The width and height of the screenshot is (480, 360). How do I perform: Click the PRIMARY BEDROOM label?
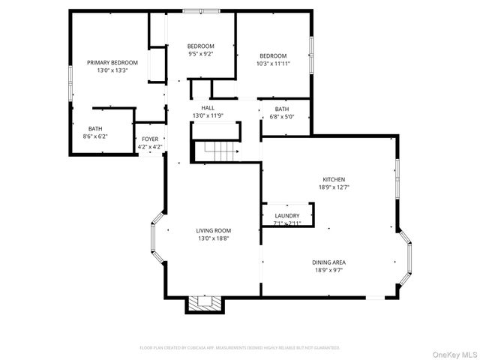coord(112,62)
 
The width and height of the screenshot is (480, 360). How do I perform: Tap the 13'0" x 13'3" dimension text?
coord(112,70)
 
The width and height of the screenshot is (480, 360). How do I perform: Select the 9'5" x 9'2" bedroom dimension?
coord(200,54)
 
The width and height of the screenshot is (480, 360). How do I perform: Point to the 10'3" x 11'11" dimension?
coord(273,64)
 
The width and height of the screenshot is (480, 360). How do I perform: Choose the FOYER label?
coord(150,139)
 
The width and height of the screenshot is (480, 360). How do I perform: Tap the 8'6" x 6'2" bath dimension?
coord(95,136)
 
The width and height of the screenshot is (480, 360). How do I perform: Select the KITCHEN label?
coord(334,179)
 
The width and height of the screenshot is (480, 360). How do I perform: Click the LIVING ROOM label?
coord(214,230)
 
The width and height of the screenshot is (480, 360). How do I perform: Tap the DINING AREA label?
coord(328,262)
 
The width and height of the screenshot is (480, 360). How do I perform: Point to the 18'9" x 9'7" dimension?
coord(328,271)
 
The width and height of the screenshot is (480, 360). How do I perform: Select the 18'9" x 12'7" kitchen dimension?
coord(334,187)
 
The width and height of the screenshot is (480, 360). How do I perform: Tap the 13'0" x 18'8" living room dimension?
coord(214,238)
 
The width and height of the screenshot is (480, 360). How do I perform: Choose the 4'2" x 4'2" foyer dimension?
coord(150,147)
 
